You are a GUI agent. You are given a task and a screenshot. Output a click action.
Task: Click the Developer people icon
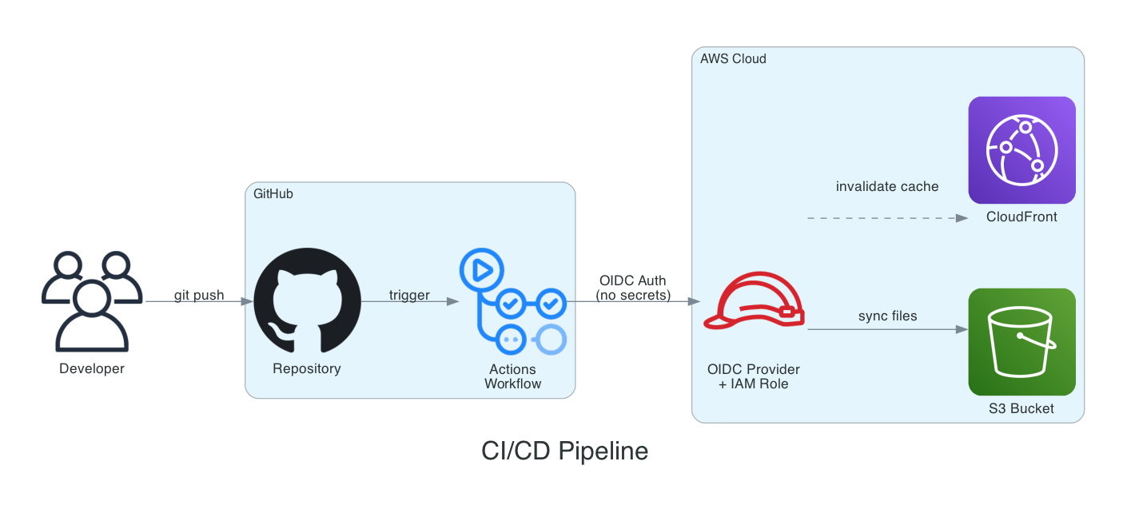click(92, 302)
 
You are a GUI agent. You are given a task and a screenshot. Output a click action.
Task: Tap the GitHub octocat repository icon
click(307, 301)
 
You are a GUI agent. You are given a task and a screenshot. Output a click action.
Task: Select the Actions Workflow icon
click(512, 302)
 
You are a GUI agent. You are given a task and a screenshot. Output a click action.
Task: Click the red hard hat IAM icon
click(754, 302)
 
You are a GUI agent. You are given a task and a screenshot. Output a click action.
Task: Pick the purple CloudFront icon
click(1021, 150)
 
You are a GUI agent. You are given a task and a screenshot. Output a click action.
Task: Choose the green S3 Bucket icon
click(1021, 342)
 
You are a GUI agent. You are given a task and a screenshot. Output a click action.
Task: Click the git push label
click(199, 296)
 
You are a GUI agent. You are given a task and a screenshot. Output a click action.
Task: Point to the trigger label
click(409, 296)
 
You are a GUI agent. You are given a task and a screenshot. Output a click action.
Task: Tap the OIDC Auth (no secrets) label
click(633, 288)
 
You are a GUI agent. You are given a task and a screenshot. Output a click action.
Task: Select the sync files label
click(887, 316)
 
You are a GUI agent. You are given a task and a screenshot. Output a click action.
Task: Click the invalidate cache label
click(887, 186)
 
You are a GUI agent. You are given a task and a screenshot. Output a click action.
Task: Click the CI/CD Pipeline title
click(564, 451)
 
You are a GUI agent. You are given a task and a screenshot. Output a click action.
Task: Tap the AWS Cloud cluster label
click(733, 59)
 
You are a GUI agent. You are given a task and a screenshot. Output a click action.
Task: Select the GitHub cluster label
click(273, 194)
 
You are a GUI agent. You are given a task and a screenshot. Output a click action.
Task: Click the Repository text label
click(307, 369)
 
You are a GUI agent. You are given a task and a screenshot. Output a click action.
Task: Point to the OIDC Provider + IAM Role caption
click(754, 376)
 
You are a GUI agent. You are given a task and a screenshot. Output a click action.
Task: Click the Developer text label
click(92, 369)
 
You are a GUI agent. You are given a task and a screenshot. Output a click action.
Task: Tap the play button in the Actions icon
click(482, 270)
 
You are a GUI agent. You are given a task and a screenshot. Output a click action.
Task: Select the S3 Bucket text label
click(1021, 409)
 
